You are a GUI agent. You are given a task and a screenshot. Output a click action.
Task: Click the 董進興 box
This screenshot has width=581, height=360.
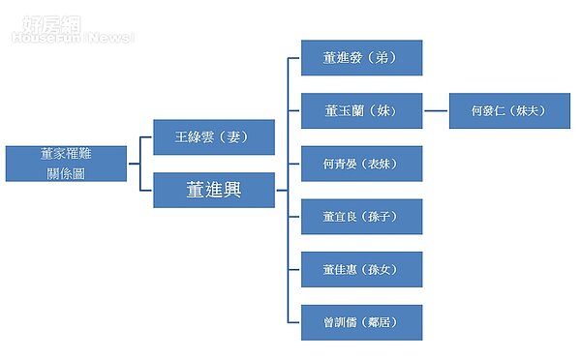(x=214, y=190)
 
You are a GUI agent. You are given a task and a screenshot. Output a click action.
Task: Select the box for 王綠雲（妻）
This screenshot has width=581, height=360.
(x=214, y=137)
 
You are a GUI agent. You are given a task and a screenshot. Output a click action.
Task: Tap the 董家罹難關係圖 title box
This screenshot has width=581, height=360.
(x=66, y=164)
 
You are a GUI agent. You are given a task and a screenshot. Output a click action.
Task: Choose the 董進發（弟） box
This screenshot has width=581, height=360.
(x=361, y=58)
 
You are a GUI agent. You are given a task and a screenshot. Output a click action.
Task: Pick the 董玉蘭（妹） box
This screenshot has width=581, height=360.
(x=361, y=111)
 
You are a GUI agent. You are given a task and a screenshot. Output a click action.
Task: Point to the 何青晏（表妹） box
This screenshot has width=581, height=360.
(x=361, y=164)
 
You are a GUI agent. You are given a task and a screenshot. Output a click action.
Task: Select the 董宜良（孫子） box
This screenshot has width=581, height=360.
(x=361, y=217)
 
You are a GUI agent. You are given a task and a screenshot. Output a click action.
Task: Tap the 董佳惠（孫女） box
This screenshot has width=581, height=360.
(x=361, y=270)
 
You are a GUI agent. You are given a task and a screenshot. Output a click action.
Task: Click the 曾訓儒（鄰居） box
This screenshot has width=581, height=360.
(x=361, y=322)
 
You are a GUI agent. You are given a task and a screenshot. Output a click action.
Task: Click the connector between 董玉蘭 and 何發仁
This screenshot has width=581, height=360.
(x=436, y=111)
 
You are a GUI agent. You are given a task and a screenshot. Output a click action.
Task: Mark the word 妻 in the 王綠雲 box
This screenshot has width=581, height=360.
(x=232, y=137)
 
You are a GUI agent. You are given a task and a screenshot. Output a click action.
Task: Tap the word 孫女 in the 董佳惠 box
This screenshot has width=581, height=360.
(x=383, y=270)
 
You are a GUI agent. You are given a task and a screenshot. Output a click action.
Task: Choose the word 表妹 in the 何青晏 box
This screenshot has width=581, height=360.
(x=383, y=165)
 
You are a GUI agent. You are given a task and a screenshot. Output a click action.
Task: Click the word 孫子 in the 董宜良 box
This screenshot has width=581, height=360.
(x=383, y=217)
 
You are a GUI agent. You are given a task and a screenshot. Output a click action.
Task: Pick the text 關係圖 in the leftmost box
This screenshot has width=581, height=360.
(x=66, y=172)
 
